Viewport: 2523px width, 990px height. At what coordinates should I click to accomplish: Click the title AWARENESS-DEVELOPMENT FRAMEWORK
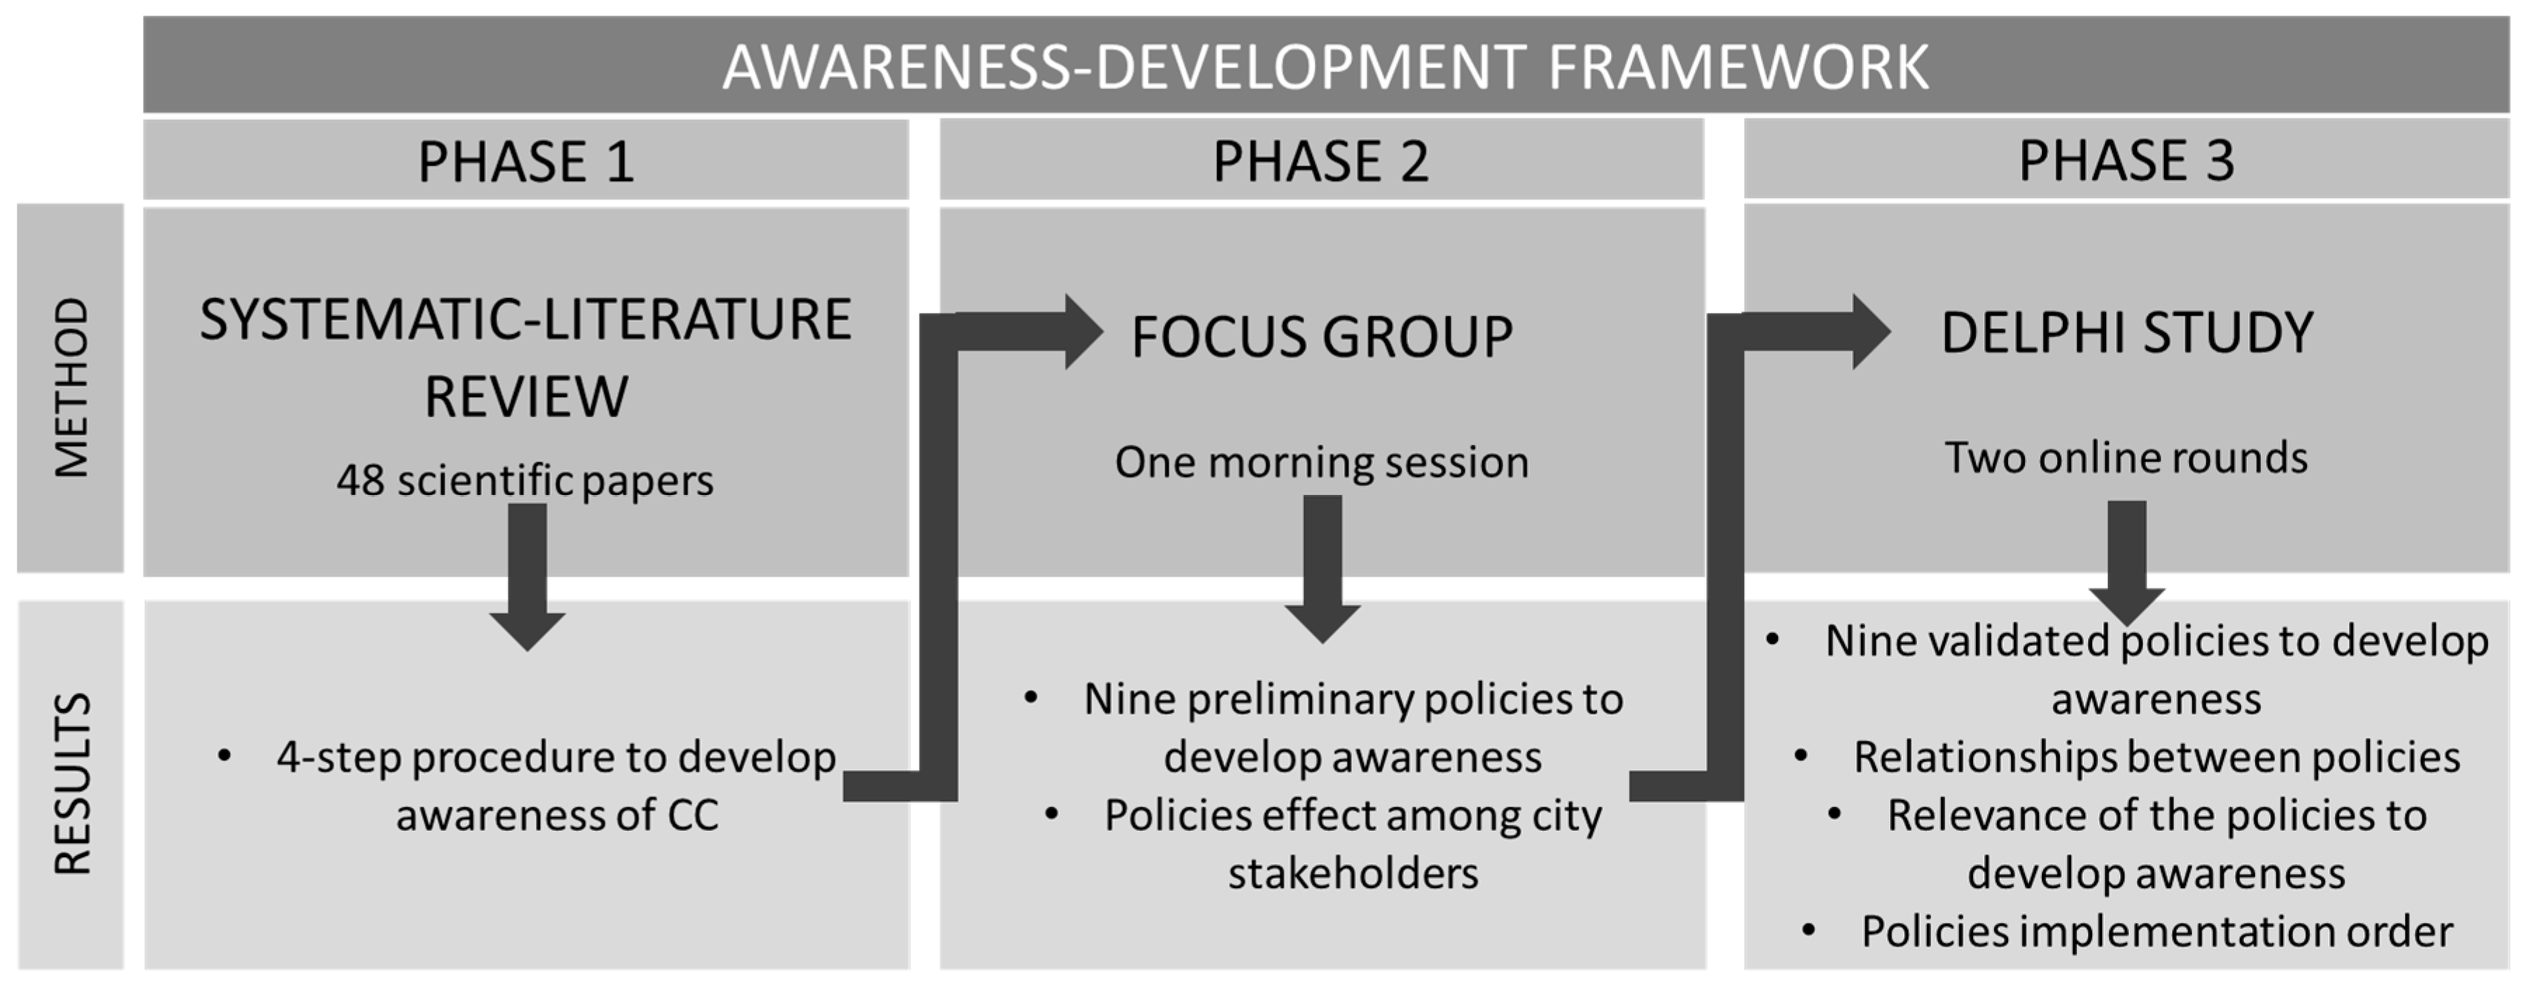click(x=1325, y=67)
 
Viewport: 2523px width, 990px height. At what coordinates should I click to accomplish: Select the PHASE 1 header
click(x=526, y=161)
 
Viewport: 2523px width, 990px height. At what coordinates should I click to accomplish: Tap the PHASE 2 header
click(x=1321, y=161)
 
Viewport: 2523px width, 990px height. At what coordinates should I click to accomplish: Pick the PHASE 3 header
click(x=2126, y=161)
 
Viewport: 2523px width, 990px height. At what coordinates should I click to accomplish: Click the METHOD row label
click(x=72, y=388)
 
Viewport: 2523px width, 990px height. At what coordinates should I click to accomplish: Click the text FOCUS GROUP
click(x=1321, y=337)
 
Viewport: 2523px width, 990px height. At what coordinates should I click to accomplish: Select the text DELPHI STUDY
click(x=2126, y=333)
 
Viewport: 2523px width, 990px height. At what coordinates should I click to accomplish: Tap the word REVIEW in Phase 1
click(x=526, y=397)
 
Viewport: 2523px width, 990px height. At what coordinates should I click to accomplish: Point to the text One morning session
click(x=1321, y=462)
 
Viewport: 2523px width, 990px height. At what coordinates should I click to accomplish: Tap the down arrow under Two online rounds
click(x=2126, y=568)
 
